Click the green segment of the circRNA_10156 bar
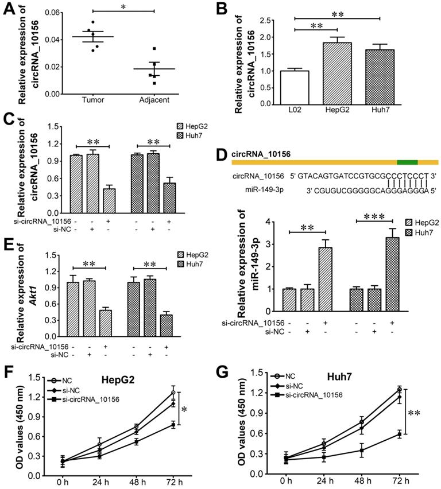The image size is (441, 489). point(407,162)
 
